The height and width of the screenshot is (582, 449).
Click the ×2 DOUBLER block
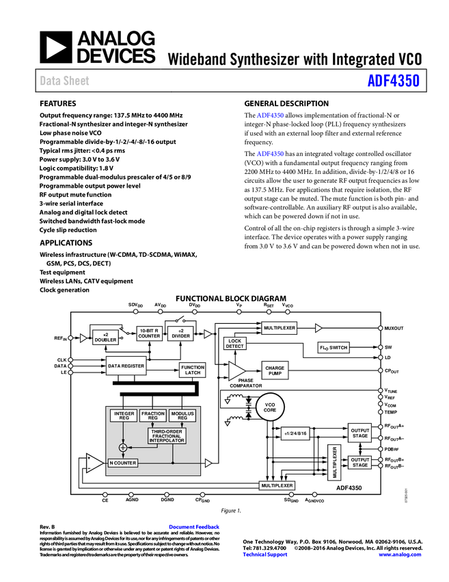(105, 338)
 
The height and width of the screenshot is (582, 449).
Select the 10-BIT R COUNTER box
(149, 333)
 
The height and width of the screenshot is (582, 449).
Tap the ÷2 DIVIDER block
(181, 333)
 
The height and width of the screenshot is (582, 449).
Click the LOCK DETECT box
(235, 343)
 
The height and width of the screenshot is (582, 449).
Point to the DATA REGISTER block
(126, 366)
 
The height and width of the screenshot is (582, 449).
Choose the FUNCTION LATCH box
(193, 370)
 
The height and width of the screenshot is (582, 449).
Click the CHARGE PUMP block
(275, 370)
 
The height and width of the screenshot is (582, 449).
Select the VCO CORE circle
(270, 407)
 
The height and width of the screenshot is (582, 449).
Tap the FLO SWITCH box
(334, 348)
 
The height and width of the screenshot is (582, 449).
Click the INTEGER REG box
(124, 416)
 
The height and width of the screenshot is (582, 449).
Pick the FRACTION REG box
(153, 416)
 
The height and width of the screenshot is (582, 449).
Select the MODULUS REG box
(182, 416)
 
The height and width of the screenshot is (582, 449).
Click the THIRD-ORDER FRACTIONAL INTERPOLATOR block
(167, 435)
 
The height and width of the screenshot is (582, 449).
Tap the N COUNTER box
(123, 463)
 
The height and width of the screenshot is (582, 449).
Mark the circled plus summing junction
(123, 447)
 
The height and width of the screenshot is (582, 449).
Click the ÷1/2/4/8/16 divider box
(295, 433)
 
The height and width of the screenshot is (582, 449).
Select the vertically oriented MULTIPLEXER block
(334, 462)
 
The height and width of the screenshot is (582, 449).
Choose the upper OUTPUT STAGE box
(360, 433)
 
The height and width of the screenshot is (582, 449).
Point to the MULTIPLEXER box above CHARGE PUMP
(280, 328)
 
